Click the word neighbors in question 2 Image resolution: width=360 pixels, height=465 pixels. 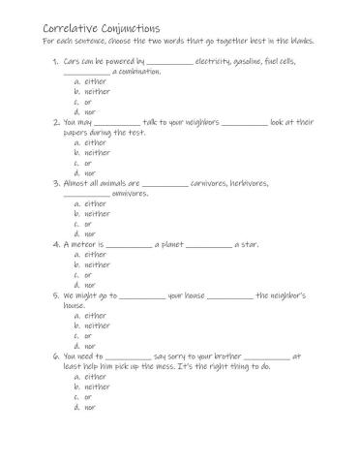(196, 123)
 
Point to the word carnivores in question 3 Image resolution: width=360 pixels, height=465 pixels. (213, 183)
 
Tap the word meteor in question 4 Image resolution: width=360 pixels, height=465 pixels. (79, 243)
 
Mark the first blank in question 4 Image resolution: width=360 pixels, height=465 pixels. (129, 244)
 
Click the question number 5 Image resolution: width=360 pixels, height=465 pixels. (55, 294)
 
